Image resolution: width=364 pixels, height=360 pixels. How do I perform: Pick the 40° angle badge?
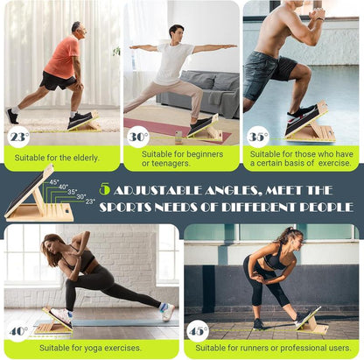17,332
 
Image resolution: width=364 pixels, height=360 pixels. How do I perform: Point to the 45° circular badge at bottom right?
199,332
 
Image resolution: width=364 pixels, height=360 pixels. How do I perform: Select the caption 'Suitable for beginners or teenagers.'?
181,159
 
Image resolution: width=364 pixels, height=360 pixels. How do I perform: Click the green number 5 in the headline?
105,189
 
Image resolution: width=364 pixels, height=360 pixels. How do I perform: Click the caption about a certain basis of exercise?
302,159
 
